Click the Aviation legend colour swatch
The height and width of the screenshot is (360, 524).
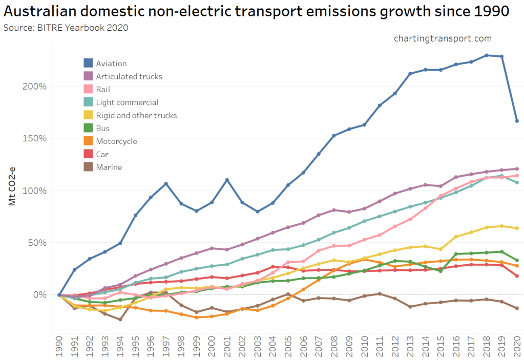(88, 63)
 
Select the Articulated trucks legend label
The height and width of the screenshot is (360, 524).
(129, 76)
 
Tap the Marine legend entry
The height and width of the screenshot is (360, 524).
(109, 167)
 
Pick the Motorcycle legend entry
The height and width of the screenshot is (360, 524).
(116, 141)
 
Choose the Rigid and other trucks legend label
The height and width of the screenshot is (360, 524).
(136, 115)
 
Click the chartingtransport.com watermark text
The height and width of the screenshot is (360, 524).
(443, 38)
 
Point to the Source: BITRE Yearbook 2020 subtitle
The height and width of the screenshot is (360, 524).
(66, 28)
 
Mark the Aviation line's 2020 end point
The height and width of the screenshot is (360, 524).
(517, 121)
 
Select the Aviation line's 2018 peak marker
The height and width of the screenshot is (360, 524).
(486, 55)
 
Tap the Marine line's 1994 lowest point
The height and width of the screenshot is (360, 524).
(120, 320)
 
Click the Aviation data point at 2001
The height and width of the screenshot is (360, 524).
(227, 180)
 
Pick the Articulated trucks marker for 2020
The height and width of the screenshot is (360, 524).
(517, 169)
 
